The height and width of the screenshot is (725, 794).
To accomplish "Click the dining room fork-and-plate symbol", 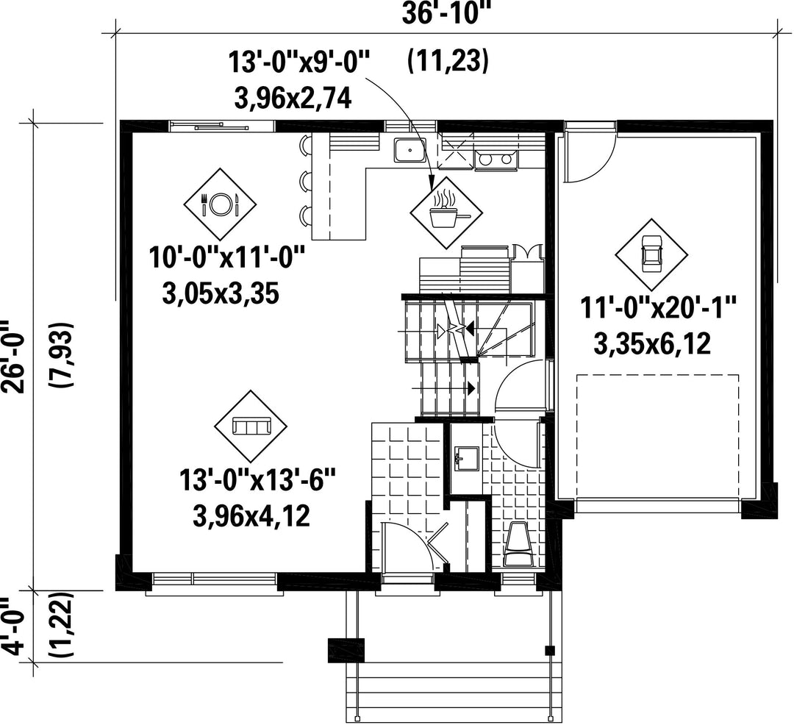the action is (x=220, y=204).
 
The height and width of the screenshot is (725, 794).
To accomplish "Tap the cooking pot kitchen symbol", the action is (x=446, y=213).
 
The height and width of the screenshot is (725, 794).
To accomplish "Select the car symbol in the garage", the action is (x=651, y=254).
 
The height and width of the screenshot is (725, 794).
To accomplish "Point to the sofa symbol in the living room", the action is (x=251, y=426).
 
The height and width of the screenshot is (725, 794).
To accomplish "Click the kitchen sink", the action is (x=409, y=150).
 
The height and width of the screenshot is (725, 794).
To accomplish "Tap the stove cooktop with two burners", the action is (x=496, y=160).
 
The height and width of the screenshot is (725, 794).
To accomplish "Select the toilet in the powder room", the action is (x=518, y=544).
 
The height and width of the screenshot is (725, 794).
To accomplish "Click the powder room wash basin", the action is (x=465, y=458).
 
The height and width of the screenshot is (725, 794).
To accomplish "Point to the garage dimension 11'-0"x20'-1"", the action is (x=658, y=307).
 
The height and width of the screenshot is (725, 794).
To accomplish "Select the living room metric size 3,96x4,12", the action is (x=251, y=517).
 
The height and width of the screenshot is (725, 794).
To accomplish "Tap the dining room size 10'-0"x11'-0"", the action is (x=227, y=257).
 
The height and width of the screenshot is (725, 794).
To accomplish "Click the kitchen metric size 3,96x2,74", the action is (x=293, y=99).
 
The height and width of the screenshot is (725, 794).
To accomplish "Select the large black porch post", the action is (x=346, y=650).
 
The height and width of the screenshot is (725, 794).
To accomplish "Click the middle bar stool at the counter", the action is (x=304, y=180).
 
